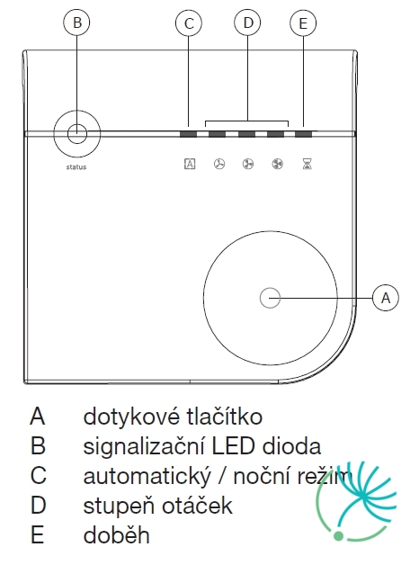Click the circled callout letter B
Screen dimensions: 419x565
pos(76,22)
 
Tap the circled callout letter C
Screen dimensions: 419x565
pos(189,23)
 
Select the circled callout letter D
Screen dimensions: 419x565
pos(247,22)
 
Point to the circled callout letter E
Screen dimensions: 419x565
pos(303,23)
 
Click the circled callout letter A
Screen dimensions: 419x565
pos(386,298)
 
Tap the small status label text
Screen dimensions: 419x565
pos(76,166)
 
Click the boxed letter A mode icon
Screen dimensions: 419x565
pos(190,164)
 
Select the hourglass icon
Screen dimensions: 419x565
pos(307,164)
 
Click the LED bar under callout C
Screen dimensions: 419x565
pos(188,134)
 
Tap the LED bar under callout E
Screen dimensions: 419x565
pos(303,134)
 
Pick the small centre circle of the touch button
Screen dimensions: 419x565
pos(270,298)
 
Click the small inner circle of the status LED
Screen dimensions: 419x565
pos(77,134)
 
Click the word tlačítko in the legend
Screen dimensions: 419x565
pos(225,417)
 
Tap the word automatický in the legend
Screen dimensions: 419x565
pos(147,476)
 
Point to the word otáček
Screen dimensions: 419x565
pos(197,506)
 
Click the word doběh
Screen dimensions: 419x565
pos(116,534)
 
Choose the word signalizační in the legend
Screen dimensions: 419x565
pos(145,447)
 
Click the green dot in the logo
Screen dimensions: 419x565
pos(338,536)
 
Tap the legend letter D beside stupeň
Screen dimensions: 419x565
pos(38,506)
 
